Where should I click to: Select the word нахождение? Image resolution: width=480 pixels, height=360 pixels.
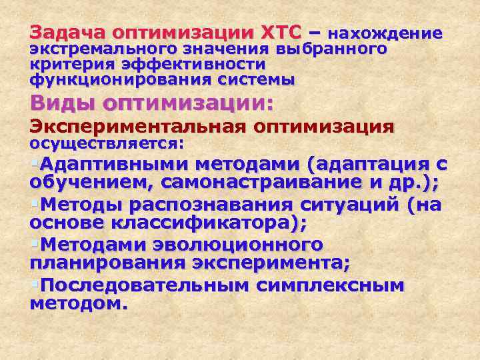[x=386, y=33]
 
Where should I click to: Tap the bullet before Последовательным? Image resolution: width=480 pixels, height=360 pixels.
[x=34, y=285]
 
